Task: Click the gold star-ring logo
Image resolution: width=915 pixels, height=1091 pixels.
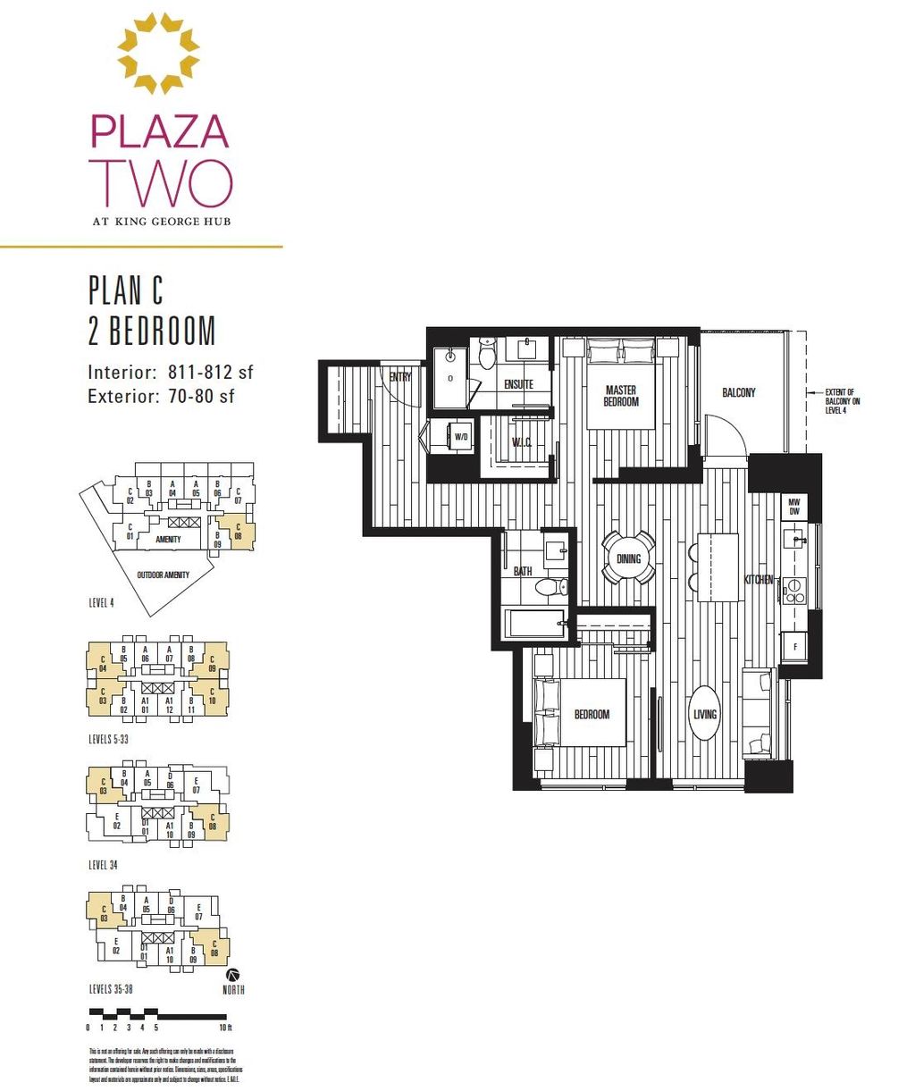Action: pos(159,54)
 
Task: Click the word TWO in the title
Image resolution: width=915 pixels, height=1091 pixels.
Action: pos(161,183)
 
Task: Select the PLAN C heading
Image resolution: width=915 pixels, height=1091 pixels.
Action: pos(126,290)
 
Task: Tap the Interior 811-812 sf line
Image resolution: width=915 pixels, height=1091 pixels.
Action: pos(170,372)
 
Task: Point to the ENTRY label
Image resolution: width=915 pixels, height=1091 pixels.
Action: pos(400,377)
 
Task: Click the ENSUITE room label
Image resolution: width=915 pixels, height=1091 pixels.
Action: pos(518,384)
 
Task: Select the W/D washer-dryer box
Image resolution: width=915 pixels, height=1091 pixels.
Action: pos(461,438)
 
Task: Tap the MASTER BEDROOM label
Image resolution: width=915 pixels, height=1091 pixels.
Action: pos(621,396)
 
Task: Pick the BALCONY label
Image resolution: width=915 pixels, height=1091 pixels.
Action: pos(739,392)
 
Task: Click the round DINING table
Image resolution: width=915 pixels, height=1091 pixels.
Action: pos(629,558)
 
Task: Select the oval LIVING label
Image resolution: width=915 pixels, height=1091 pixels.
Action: pos(705,714)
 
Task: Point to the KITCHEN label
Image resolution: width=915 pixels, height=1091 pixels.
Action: pos(759,580)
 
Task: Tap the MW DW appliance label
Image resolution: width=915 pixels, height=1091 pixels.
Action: pos(793,507)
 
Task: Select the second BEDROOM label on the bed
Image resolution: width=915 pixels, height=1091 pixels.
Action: pos(592,714)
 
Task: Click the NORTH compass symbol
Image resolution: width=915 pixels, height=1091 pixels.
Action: pos(234,974)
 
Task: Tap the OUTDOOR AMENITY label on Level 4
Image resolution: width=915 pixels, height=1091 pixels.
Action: pos(163,575)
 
